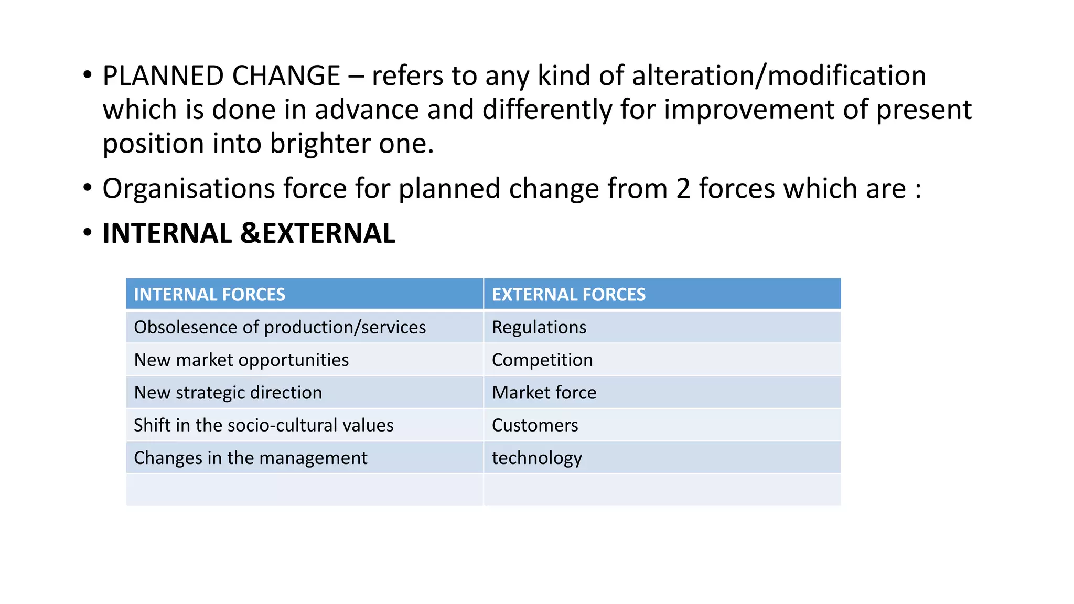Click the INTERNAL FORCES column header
(209, 295)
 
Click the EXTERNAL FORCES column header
(568, 295)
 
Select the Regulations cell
(539, 327)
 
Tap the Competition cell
(542, 360)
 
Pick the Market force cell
(544, 393)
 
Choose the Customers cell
(535, 425)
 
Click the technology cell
(536, 458)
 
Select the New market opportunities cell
(241, 360)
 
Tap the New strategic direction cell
(228, 393)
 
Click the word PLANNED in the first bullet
(163, 76)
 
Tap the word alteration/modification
(779, 76)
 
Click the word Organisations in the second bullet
(188, 189)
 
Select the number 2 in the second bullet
(683, 189)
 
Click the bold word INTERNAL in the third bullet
(167, 234)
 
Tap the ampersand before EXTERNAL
(250, 234)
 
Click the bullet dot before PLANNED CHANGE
(87, 75)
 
